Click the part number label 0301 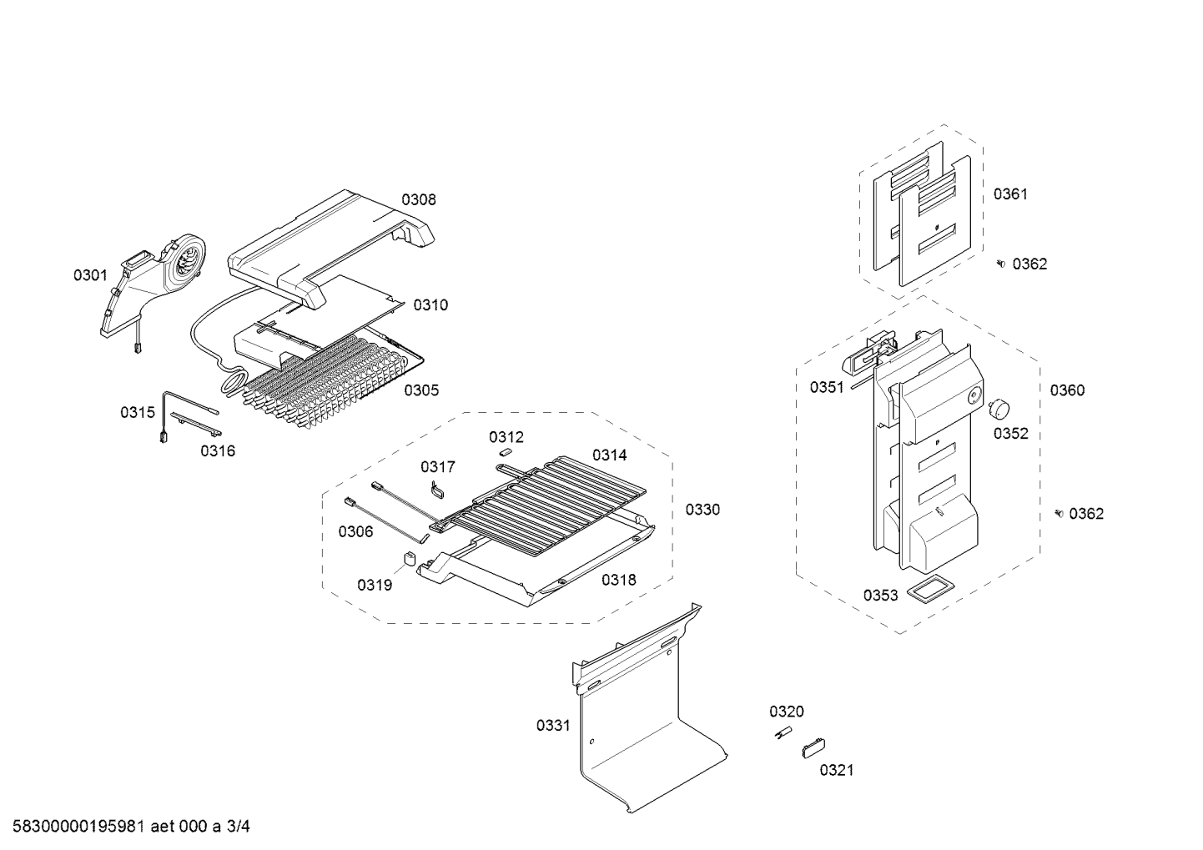pos(90,275)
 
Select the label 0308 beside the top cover pos(419,199)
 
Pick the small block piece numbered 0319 pos(410,559)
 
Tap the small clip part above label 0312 pos(504,452)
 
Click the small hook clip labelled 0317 pos(439,489)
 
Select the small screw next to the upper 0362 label pos(1000,263)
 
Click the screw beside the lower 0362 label pos(1060,513)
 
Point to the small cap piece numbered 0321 pos(813,748)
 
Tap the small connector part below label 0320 pos(784,733)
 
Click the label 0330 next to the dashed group pos(702,510)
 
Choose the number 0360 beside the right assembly pos(1067,390)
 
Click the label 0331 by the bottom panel pos(553,726)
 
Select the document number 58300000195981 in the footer pos(78,827)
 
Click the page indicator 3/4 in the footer pos(239,827)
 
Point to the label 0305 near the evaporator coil pos(421,390)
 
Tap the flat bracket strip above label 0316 pos(195,425)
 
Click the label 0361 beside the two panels pos(1010,194)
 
